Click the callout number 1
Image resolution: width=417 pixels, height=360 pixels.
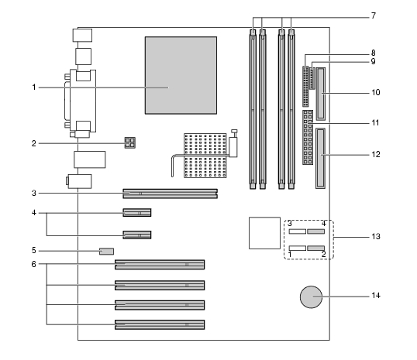click(34, 87)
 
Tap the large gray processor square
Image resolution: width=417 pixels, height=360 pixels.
click(181, 75)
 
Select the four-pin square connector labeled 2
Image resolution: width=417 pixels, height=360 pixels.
click(130, 142)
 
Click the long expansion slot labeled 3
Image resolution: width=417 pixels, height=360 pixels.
click(171, 194)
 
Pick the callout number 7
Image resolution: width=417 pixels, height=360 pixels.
click(374, 15)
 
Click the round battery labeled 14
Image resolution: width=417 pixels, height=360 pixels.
click(311, 297)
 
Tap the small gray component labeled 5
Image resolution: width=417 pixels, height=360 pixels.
click(107, 252)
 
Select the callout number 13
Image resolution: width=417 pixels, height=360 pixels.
click(376, 236)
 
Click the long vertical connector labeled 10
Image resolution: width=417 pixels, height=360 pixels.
click(321, 94)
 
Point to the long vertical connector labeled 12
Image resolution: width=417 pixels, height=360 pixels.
click(321, 159)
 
